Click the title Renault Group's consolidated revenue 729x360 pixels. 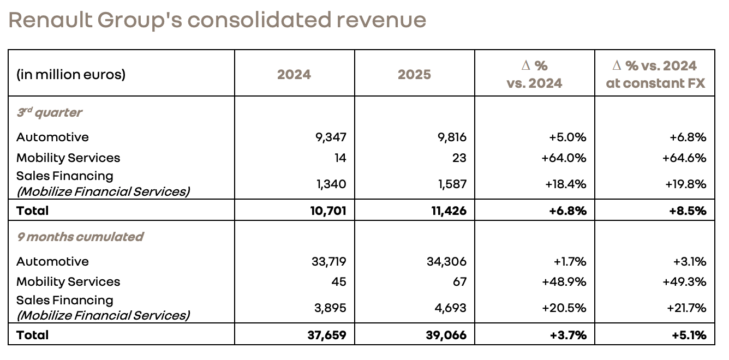pos(217,20)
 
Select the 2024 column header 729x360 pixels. pos(294,74)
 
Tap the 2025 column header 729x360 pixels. pos(414,74)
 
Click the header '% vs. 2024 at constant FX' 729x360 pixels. pos(655,74)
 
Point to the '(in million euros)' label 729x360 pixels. pos(71,74)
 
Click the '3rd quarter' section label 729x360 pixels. pos(49,113)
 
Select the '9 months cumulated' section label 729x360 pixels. pos(80,237)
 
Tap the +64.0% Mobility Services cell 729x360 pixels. pos(564,158)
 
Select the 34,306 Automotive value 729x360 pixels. pos(446,262)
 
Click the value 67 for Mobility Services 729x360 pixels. pos(458,282)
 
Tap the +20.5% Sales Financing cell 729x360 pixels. pos(564,308)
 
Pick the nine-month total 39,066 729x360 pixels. pos(446,335)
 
